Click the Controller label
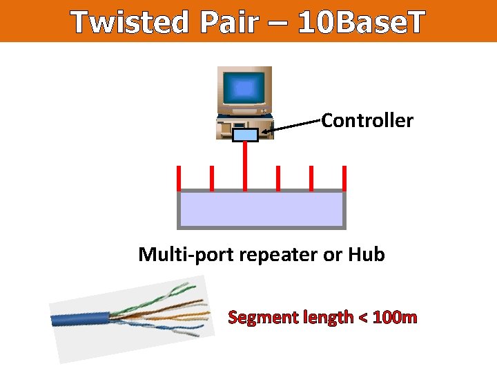click(x=367, y=121)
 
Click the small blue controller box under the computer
click(x=245, y=134)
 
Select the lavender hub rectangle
click(x=262, y=209)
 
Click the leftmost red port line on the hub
click(x=179, y=178)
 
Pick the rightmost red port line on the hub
click(x=344, y=178)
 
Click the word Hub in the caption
click(x=367, y=254)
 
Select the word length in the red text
click(x=326, y=318)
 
